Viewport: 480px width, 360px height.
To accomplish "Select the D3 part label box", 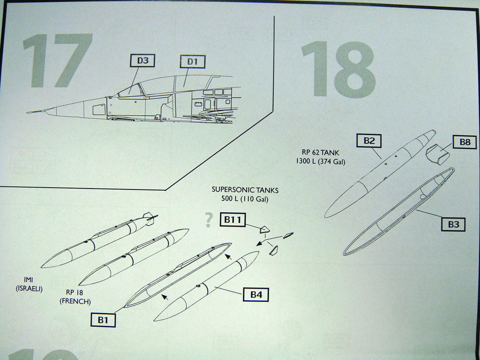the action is pyautogui.click(x=143, y=61).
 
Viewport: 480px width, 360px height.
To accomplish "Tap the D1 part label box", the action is pyautogui.click(x=192, y=62).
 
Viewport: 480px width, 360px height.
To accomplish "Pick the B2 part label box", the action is pyautogui.click(x=369, y=141).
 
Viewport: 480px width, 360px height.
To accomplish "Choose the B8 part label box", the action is pyautogui.click(x=464, y=142).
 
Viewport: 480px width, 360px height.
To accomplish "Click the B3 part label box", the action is pyautogui.click(x=453, y=224).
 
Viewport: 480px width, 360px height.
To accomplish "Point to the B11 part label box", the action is pyautogui.click(x=233, y=219).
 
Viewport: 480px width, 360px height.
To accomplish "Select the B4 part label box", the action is pyautogui.click(x=256, y=294).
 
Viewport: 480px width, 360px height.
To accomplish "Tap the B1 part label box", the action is pyautogui.click(x=103, y=320).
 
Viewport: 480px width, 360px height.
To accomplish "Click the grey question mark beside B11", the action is pyautogui.click(x=209, y=220).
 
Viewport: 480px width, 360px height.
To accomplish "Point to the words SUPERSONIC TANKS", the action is pyautogui.click(x=245, y=190).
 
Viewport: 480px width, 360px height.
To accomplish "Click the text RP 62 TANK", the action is pyautogui.click(x=320, y=152).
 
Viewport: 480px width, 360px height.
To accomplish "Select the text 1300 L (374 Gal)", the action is pyautogui.click(x=320, y=161).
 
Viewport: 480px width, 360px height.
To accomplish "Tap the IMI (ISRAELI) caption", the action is pyautogui.click(x=29, y=284).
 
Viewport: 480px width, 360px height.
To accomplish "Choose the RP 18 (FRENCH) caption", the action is pyautogui.click(x=75, y=297).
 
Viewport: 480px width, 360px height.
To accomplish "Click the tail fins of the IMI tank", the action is pyautogui.click(x=150, y=219).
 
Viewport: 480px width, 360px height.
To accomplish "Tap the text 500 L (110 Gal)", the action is pyautogui.click(x=245, y=200).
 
